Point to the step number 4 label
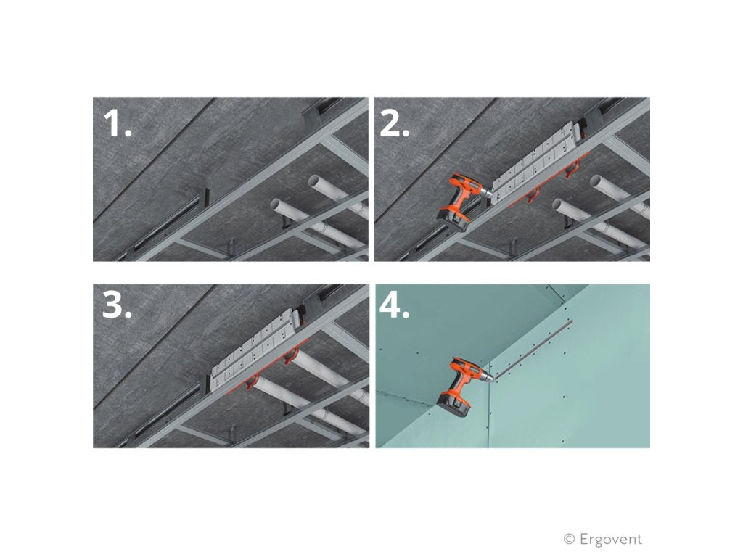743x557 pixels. [395, 308]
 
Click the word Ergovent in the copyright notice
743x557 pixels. [611, 539]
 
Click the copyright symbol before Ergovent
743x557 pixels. [570, 539]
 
